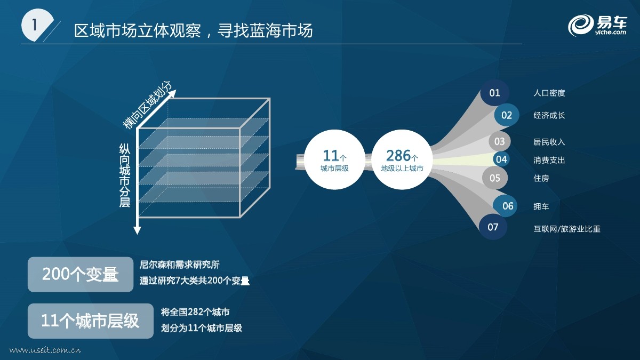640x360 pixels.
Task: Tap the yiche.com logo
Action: [x=597, y=26]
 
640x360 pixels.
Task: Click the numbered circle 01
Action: [x=494, y=93]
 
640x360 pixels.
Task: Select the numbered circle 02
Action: [x=507, y=115]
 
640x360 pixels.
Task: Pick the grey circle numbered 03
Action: [x=499, y=141]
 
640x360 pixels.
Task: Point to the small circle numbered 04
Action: [x=501, y=159]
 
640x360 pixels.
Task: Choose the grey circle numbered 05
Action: [x=495, y=178]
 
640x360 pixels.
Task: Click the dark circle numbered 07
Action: [x=493, y=227]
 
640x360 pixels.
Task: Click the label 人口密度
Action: [x=549, y=93]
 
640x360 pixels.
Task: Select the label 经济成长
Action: [x=549, y=115]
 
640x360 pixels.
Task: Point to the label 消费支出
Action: [x=549, y=161]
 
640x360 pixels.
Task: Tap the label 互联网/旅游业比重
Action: [x=567, y=229]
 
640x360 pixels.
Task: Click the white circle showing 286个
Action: [x=402, y=159]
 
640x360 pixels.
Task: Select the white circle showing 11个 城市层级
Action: [x=334, y=159]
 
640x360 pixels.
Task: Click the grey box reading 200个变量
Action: [x=81, y=274]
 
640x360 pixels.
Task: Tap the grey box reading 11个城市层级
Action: [x=91, y=321]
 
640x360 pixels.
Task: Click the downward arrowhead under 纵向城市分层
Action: [x=138, y=230]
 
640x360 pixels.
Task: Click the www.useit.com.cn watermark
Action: [x=45, y=350]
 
